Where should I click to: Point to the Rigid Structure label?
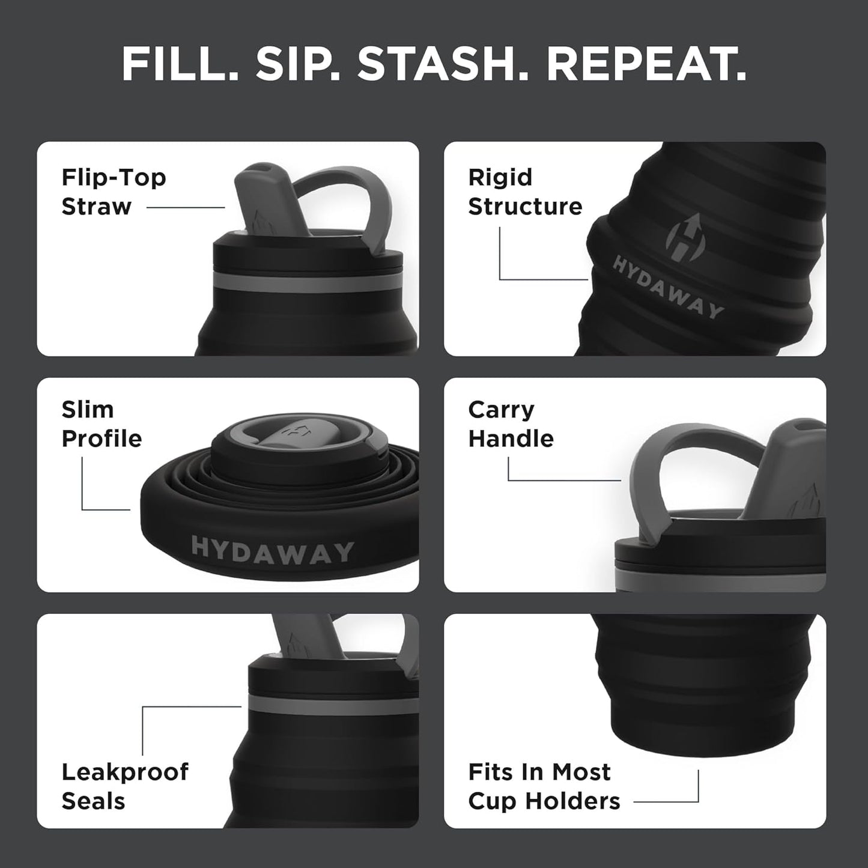pyautogui.click(x=525, y=192)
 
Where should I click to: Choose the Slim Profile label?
pyautogui.click(x=102, y=423)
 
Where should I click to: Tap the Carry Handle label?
pyautogui.click(x=511, y=423)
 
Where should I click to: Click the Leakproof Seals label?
pyautogui.click(x=125, y=786)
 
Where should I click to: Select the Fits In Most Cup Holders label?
pyautogui.click(x=544, y=786)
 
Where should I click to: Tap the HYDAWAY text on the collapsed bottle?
pyautogui.click(x=272, y=550)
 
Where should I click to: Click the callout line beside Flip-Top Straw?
pyautogui.click(x=185, y=208)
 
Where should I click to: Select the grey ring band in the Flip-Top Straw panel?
pyautogui.click(x=306, y=282)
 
